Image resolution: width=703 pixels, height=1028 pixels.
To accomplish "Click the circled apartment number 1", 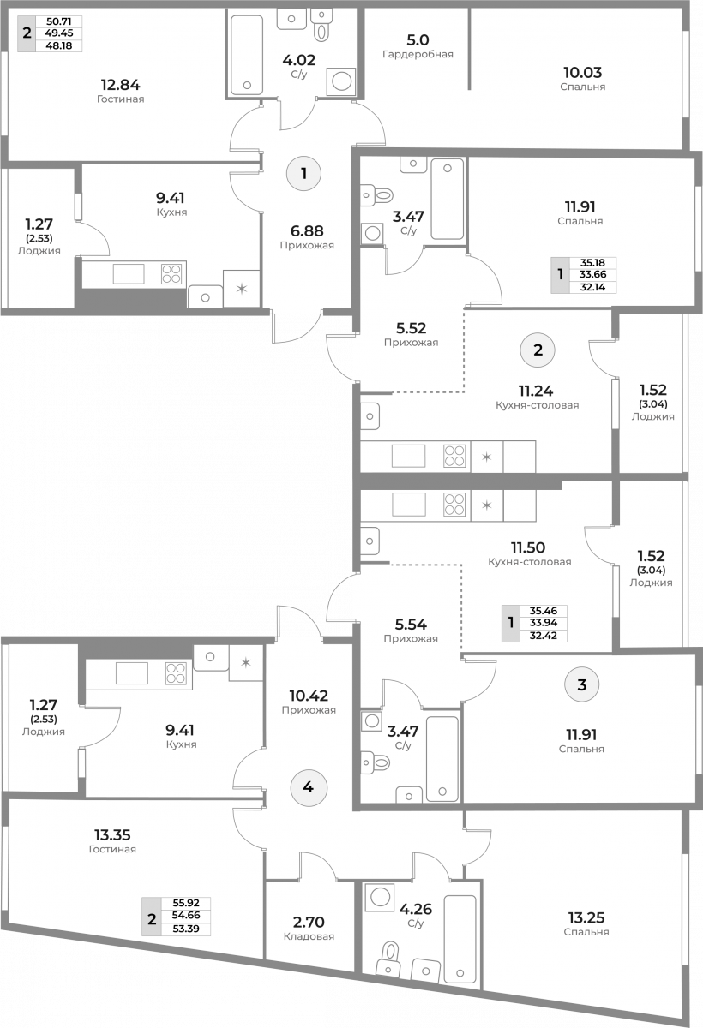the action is (303, 173).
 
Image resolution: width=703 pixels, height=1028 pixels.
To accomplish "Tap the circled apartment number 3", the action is (582, 684).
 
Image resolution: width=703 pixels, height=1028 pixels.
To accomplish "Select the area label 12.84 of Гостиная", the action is (120, 85).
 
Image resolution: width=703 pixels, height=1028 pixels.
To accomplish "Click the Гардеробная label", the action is (418, 54).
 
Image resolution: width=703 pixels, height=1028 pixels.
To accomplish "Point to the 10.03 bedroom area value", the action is (583, 72).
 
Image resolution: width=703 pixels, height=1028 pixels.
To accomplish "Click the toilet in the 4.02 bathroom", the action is (321, 25).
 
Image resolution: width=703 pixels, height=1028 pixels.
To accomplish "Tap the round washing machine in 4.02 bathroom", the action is (341, 81).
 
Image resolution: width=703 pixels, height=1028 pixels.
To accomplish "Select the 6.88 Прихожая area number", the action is (307, 230).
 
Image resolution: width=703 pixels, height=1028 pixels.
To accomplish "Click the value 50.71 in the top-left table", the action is (59, 21).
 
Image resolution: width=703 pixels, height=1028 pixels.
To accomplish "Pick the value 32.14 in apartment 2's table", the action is (592, 287).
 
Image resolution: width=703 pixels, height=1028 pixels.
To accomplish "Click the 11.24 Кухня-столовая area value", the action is (536, 391).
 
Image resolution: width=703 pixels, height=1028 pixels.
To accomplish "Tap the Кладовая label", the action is (309, 936).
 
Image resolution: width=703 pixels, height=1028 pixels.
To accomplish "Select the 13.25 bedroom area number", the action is (586, 917).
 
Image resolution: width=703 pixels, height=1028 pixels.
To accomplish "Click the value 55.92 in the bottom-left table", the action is (186, 903).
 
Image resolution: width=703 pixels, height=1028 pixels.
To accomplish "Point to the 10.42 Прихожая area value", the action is (309, 696).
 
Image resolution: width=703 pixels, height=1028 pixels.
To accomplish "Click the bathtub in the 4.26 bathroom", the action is (460, 939).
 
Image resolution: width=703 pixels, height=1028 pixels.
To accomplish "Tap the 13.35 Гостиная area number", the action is (112, 834).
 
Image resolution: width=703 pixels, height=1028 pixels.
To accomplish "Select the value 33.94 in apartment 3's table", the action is (544, 623).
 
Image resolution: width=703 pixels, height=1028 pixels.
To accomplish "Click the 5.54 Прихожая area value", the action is (411, 625).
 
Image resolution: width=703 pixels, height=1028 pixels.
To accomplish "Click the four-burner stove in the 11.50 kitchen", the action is (454, 504).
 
